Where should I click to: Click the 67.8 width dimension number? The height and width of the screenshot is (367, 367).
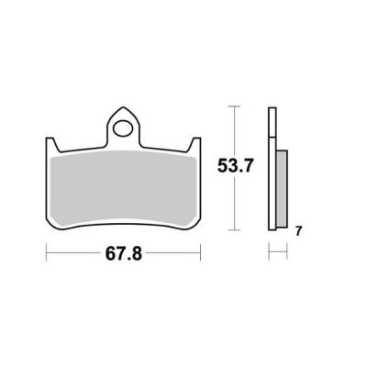[124, 253]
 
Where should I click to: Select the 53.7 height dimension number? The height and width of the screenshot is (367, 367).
[235, 166]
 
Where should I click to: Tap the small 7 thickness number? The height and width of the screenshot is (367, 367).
[298, 231]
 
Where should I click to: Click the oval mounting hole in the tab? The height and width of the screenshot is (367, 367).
[123, 128]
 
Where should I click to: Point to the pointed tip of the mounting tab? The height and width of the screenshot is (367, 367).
[123, 107]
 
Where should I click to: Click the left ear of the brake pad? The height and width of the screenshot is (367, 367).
[51, 144]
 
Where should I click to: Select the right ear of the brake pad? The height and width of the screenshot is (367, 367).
[195, 144]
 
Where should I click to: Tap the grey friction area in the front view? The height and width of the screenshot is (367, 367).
[123, 190]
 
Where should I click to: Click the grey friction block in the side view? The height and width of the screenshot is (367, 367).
[282, 189]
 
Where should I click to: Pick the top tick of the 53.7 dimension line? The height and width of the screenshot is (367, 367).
[234, 106]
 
